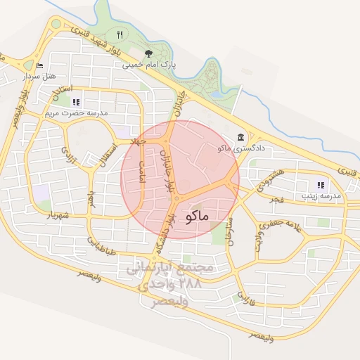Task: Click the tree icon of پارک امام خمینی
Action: pyautogui.click(x=148, y=53)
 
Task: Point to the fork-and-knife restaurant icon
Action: pyautogui.click(x=120, y=34)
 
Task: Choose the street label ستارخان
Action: pyautogui.click(x=229, y=229)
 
